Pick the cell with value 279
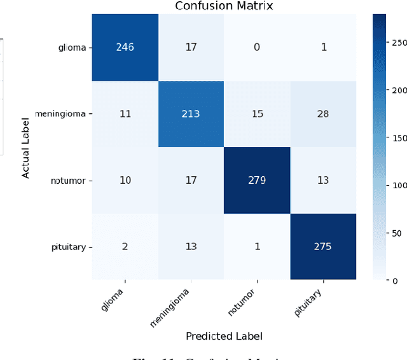coord(256,180)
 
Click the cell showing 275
coord(323,246)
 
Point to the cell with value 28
coord(323,114)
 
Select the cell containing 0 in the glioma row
coord(256,48)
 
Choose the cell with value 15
coord(256,114)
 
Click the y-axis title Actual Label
coord(26,147)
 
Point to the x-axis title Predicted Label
coord(224,336)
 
